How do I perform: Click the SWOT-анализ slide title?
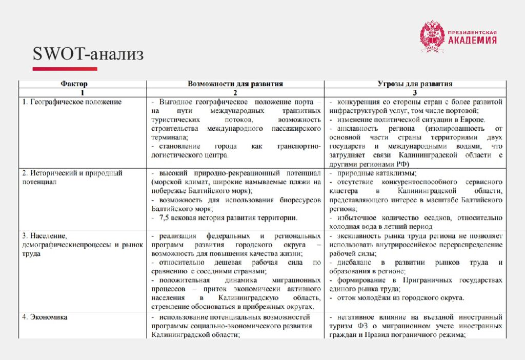pyautogui.click(x=88, y=54)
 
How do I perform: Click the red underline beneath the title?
pyautogui.click(x=65, y=69)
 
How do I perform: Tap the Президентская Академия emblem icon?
pyautogui.click(x=432, y=36)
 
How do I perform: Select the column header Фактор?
pyautogui.click(x=75, y=84)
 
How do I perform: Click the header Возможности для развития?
pyautogui.click(x=235, y=84)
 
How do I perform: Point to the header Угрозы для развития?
pyautogui.click(x=415, y=84)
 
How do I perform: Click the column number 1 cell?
pyautogui.click(x=82, y=92)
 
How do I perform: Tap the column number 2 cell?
pyautogui.click(x=235, y=92)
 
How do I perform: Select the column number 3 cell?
pyautogui.click(x=415, y=92)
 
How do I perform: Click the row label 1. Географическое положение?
pyautogui.click(x=72, y=102)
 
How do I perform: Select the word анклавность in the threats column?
pyautogui.click(x=357, y=128)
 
